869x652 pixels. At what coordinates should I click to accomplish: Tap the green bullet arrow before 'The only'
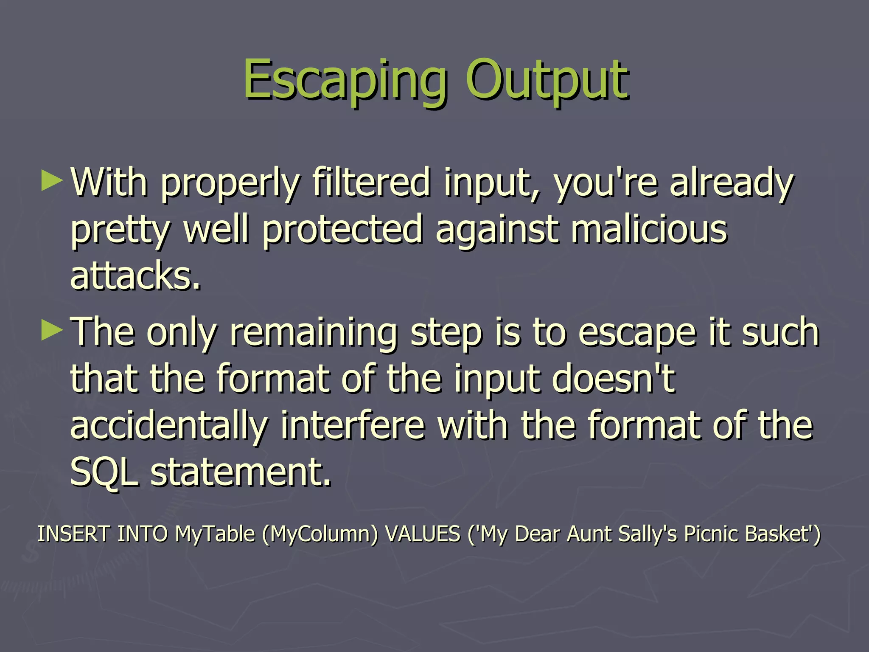point(52,331)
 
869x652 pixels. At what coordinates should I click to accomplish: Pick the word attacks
point(135,276)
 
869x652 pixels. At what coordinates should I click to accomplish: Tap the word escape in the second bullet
point(637,333)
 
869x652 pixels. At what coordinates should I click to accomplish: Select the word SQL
point(104,472)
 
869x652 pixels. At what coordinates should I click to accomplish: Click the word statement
point(241,472)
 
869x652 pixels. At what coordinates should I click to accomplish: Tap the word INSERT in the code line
point(73,534)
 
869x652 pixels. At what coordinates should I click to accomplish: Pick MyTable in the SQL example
point(215,534)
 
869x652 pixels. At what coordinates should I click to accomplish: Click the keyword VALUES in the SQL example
point(422,534)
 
